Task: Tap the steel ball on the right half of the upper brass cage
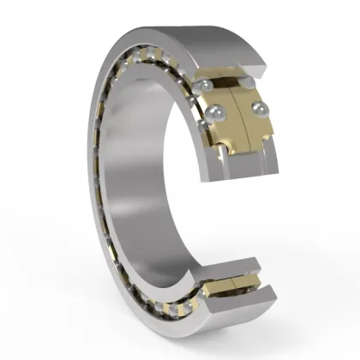pos(256,108)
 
